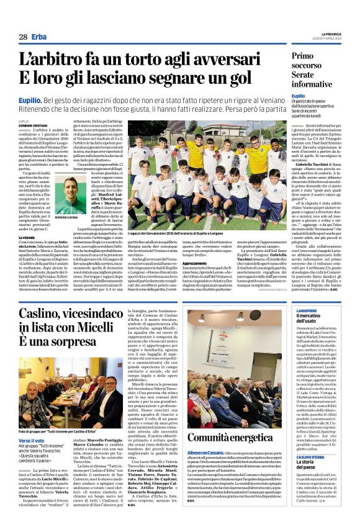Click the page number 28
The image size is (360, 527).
pos(22,37)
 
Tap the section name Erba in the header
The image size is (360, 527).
pos(39,37)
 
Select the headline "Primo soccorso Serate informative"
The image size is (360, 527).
pos(312,70)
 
